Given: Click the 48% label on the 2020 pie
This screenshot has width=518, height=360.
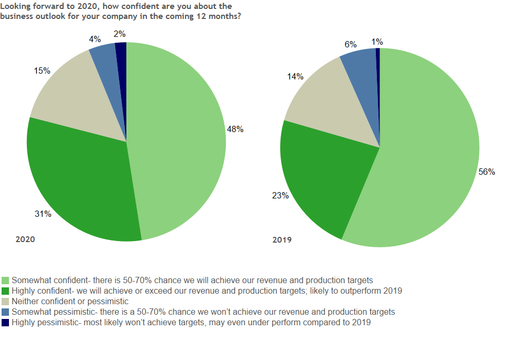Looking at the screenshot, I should [x=235, y=129].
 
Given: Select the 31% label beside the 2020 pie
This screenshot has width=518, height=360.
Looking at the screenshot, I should [x=43, y=214].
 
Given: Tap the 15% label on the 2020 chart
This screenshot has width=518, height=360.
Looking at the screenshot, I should [x=42, y=70].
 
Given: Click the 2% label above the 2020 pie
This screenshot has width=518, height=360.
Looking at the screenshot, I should [x=119, y=34].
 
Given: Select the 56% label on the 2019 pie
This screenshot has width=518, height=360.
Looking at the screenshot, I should [x=486, y=172].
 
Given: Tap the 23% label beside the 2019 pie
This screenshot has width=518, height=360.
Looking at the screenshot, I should [x=280, y=195].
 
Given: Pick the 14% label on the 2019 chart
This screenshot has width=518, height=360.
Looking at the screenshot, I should [x=295, y=76].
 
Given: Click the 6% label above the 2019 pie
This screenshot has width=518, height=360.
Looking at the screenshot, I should [x=351, y=45].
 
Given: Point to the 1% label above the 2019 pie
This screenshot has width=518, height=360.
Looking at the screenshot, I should [x=377, y=42].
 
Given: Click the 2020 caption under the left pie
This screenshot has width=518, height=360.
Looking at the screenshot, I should [x=25, y=239].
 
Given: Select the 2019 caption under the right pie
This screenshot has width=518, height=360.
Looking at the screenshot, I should [x=282, y=240].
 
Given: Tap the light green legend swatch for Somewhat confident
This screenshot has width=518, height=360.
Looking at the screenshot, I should [x=6, y=280].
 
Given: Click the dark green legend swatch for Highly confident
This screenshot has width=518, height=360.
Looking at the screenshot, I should [x=6, y=291].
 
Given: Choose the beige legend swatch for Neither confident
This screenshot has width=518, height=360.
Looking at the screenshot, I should [x=6, y=302].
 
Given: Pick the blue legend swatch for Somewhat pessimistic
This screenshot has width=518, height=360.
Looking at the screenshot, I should [x=6, y=312].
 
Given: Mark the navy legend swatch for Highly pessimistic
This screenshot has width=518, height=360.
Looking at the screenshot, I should [x=6, y=323].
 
